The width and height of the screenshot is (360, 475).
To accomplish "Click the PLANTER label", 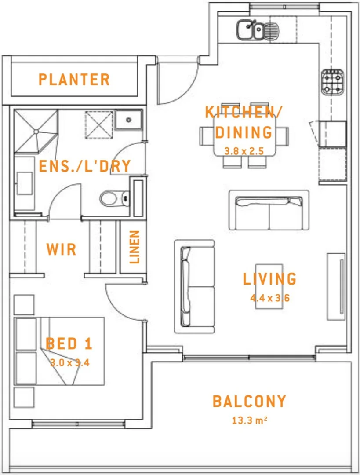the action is tap(74, 80).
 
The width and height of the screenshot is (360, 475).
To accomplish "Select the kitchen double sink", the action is tap(250, 30).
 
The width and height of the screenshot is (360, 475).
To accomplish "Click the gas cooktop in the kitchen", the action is tap(332, 82).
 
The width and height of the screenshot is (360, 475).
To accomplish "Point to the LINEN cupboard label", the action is tap(135, 247).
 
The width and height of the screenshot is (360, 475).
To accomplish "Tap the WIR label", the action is tap(61, 249).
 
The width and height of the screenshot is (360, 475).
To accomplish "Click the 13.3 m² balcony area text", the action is tap(250, 420).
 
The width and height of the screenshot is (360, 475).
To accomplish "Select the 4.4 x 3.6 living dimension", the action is tap(270, 298).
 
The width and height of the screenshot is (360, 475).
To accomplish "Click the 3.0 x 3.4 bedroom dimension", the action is tap(70, 363).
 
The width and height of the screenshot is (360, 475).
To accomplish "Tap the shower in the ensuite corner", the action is tap(36, 131).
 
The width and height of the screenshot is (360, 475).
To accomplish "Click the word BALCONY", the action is tap(249, 402).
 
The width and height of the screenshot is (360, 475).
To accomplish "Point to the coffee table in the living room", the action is tap(269, 286).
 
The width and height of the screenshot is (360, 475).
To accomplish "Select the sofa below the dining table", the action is tap(269, 210).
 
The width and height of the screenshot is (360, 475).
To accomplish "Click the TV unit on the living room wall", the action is tap(337, 286).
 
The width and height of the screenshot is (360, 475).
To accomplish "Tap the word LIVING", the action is tap(269, 279).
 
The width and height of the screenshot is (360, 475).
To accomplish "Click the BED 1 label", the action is tap(69, 344).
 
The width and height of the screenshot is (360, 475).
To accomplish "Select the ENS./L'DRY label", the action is tap(85, 166).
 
